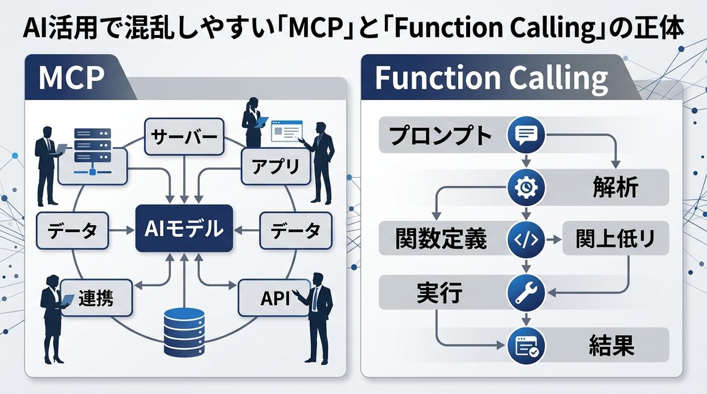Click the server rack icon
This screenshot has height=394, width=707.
pos(92,151)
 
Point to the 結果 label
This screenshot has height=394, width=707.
pos(612,346)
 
